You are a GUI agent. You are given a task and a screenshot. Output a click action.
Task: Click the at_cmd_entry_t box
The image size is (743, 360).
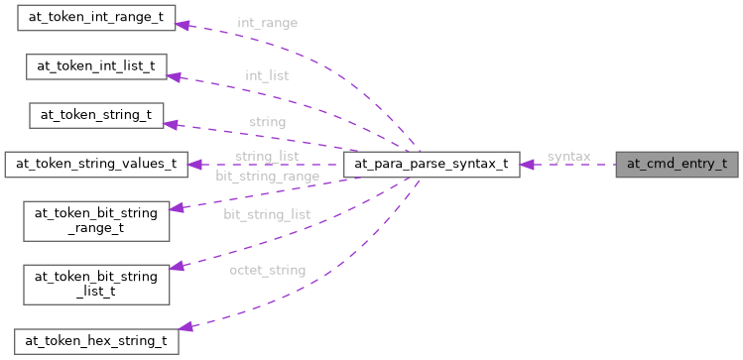(678, 165)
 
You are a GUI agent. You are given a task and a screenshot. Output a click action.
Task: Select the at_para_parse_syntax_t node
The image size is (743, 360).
(432, 165)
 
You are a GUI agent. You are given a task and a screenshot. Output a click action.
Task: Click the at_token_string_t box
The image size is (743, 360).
(96, 114)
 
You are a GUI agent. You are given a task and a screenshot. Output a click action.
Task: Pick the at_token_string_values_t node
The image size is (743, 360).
(96, 164)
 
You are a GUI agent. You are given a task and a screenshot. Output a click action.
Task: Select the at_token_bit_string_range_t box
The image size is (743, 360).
(96, 219)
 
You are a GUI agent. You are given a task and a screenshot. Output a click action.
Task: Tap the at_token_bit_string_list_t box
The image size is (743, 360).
(96, 283)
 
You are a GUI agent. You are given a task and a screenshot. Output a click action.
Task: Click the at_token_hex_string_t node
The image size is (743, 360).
(96, 340)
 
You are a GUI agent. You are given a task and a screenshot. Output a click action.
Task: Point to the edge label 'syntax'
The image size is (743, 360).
(568, 157)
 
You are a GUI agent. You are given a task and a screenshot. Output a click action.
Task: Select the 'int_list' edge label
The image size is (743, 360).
(267, 74)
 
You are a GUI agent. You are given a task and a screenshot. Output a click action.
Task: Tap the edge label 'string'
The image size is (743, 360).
(267, 122)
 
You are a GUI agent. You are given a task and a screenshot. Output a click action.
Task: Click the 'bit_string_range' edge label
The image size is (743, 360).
(267, 176)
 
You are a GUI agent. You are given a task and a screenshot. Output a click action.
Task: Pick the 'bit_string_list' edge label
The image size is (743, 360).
(266, 214)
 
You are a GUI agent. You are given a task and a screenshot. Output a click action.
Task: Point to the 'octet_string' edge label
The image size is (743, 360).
(266, 270)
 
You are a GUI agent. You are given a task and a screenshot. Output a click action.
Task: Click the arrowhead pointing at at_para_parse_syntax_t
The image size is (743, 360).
(529, 165)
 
